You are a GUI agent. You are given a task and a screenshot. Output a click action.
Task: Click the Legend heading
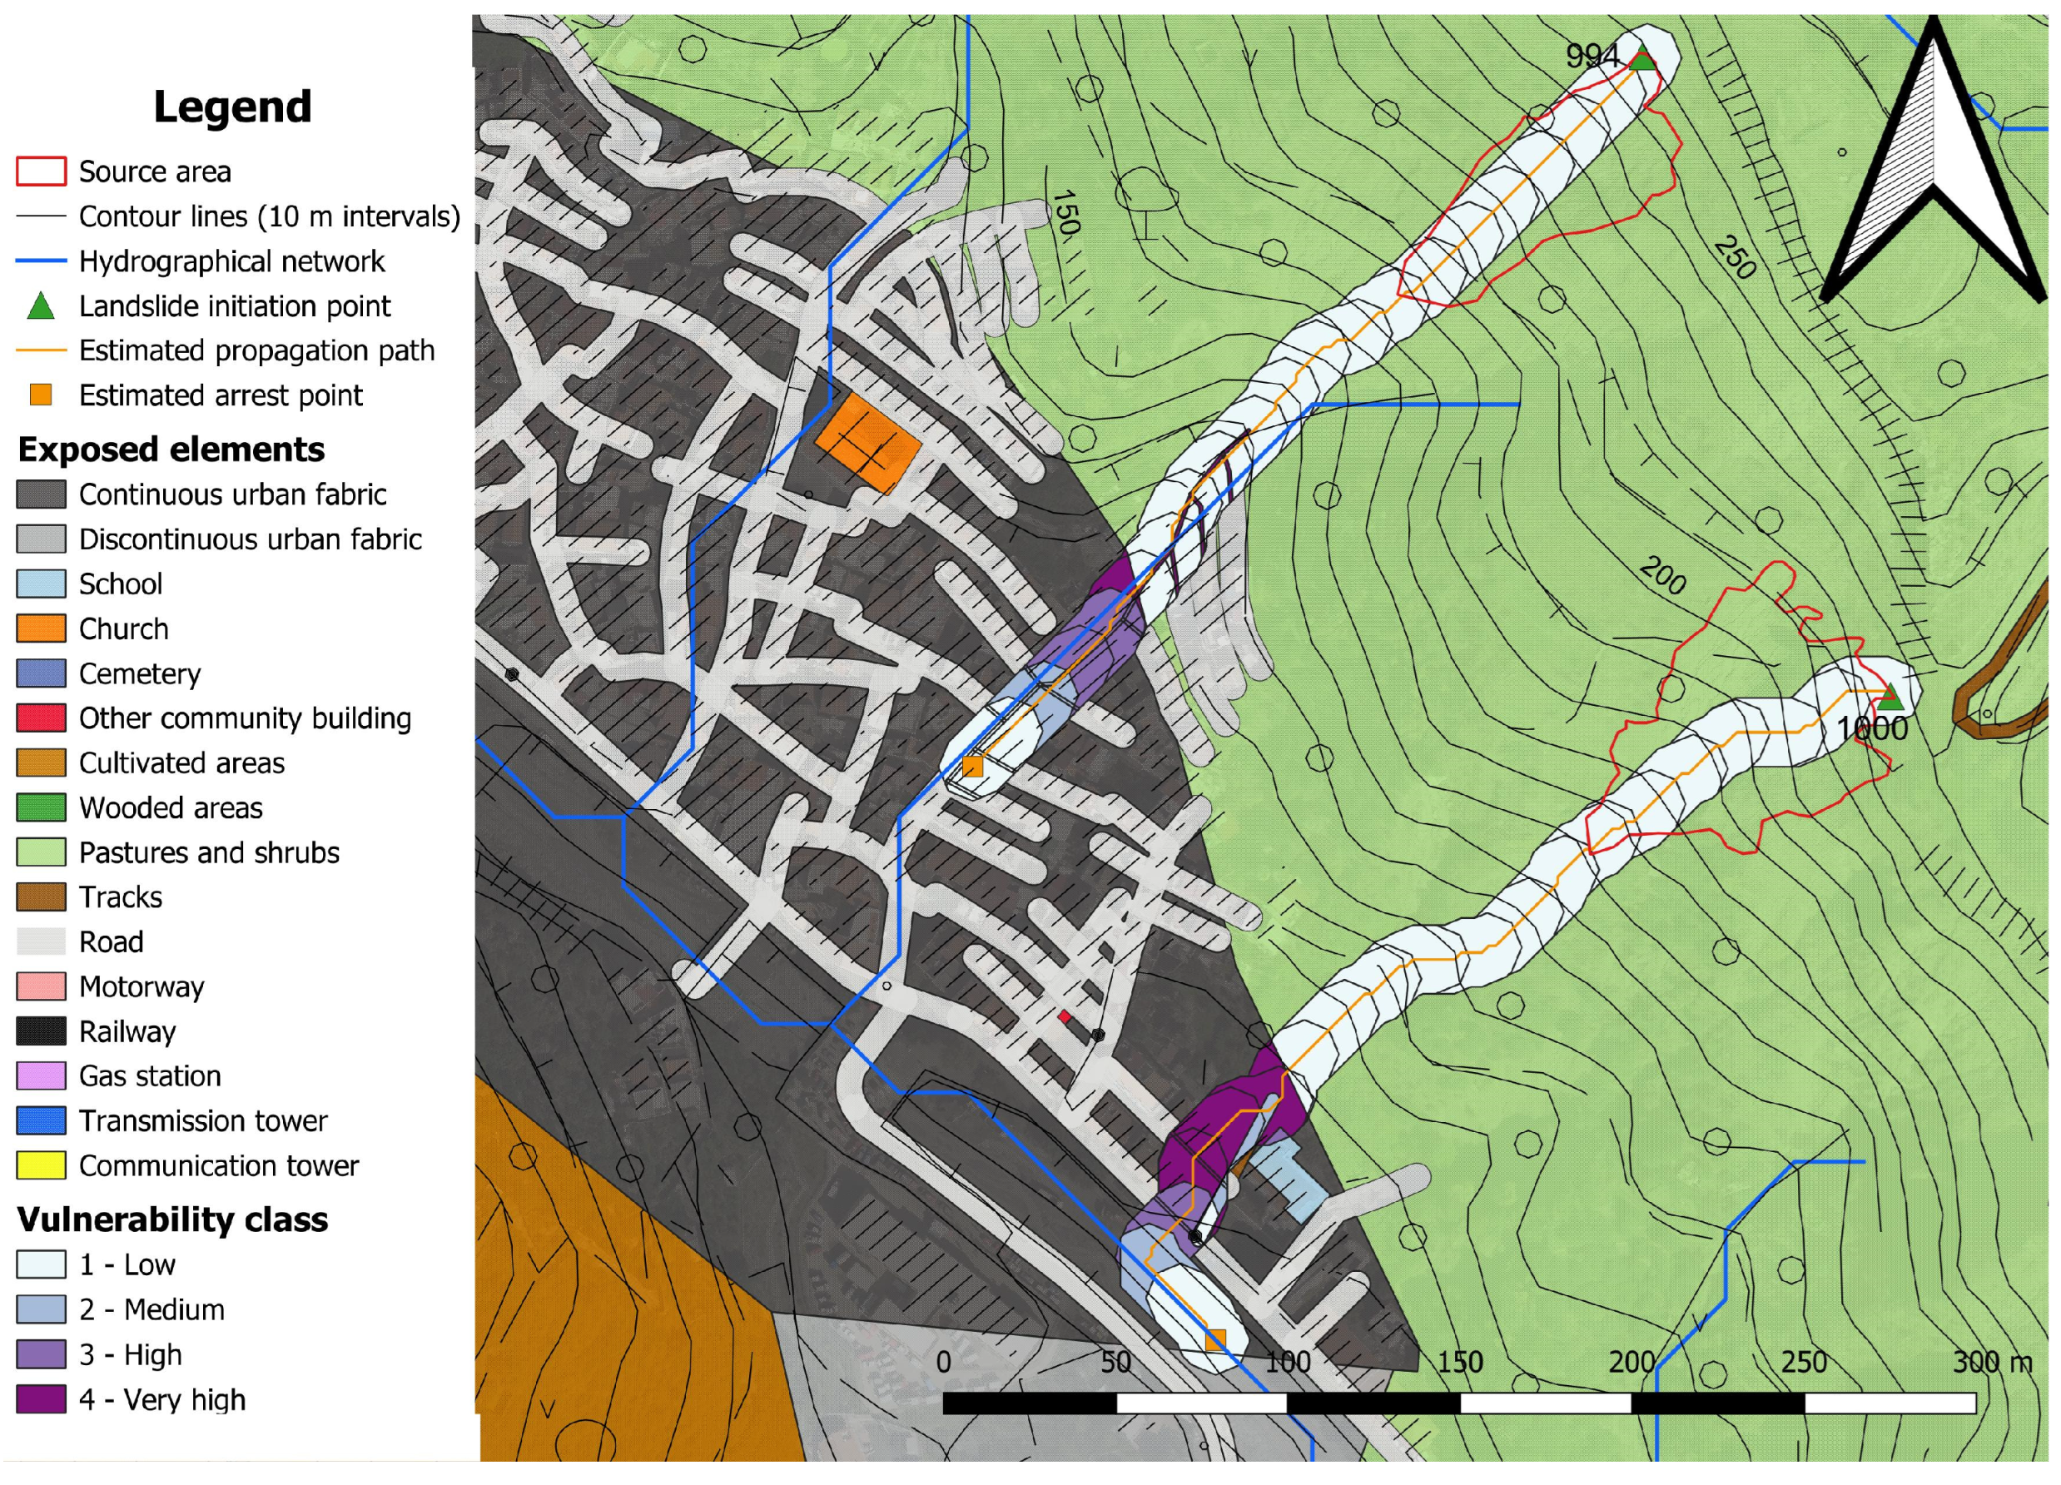coord(232,107)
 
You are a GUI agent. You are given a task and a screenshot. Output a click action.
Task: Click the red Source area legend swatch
coord(41,171)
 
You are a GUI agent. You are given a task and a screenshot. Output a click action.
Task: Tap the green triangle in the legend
coord(41,307)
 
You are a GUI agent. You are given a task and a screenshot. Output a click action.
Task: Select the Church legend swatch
coord(41,629)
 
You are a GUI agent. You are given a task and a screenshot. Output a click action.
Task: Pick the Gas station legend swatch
coord(41,1076)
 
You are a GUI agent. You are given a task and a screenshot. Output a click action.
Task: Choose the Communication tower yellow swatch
coord(41,1165)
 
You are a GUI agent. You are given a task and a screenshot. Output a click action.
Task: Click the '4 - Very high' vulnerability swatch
coord(41,1399)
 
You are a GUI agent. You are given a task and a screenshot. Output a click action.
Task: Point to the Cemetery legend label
coord(139,673)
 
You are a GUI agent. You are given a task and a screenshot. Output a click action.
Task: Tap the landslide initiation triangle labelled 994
coord(1642,61)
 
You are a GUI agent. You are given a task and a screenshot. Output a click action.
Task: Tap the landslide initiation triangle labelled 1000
coord(1890,698)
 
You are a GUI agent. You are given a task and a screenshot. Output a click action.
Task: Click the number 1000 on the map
coord(1872,729)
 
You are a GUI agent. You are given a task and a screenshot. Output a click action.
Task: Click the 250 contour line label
coord(1735,258)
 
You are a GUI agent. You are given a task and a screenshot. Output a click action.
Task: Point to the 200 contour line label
coord(1663,575)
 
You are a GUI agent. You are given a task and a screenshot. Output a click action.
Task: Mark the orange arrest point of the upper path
coord(972,766)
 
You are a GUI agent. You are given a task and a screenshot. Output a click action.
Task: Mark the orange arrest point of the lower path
coord(1215,1339)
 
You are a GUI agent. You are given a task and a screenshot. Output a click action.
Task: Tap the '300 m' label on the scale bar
coord(1992,1362)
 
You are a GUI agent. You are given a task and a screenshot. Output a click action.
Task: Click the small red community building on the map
coord(1064,1016)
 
